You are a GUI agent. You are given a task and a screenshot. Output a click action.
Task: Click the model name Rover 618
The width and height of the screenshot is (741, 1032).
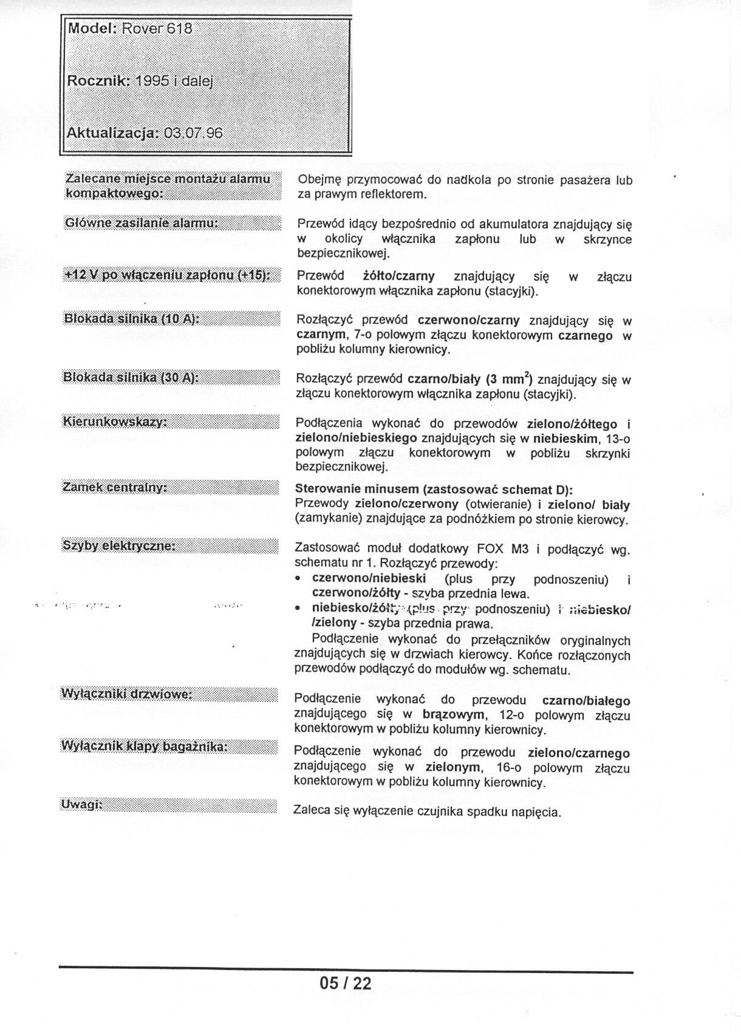pyautogui.click(x=157, y=29)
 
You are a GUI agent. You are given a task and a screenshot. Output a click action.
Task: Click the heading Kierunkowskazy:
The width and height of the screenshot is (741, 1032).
pyautogui.click(x=115, y=422)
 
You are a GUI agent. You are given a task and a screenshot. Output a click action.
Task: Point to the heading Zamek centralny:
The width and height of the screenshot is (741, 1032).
pyautogui.click(x=115, y=487)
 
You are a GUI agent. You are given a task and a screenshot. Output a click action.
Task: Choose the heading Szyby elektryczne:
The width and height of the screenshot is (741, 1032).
pyautogui.click(x=119, y=545)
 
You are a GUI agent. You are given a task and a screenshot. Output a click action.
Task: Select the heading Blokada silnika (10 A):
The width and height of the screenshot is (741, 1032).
pyautogui.click(x=131, y=318)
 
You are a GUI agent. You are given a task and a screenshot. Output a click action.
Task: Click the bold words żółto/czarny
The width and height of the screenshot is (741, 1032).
pyautogui.click(x=398, y=276)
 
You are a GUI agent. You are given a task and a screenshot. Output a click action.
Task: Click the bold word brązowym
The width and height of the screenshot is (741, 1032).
pyautogui.click(x=454, y=714)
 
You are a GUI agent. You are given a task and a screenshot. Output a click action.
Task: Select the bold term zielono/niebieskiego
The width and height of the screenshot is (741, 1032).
pyautogui.click(x=356, y=437)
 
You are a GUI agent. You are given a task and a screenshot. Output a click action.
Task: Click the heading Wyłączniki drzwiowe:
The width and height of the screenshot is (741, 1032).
pyautogui.click(x=127, y=694)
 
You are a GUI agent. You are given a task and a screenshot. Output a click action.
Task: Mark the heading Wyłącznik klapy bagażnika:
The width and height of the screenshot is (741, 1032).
pyautogui.click(x=144, y=746)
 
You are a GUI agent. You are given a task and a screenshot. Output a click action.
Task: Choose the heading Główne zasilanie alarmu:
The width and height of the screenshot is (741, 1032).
pyautogui.click(x=141, y=223)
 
